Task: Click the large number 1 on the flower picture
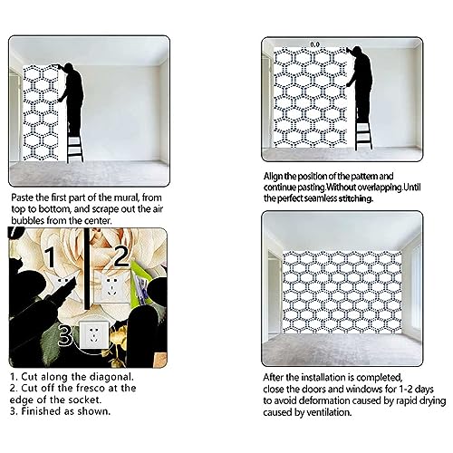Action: click(x=51, y=257)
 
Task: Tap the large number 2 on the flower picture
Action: click(x=121, y=255)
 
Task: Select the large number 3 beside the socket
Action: click(x=65, y=334)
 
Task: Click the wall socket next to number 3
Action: click(x=93, y=334)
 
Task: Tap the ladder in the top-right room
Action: click(x=363, y=134)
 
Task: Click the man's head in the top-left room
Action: click(x=69, y=67)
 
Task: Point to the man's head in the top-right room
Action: click(x=357, y=51)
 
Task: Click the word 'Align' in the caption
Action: click(x=273, y=177)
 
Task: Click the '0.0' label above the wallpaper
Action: click(x=314, y=44)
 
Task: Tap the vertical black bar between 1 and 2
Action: click(x=87, y=269)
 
